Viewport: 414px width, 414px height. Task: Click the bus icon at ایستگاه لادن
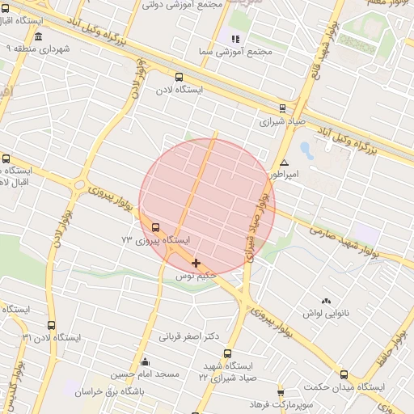click(x=179, y=78)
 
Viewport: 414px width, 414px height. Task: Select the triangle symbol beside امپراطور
click(x=284, y=163)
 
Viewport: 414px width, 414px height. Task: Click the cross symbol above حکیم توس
click(x=196, y=263)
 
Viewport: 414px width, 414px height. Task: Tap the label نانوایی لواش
click(x=325, y=312)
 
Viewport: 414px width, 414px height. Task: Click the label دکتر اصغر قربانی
click(x=189, y=336)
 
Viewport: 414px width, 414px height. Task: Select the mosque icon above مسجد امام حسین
click(x=145, y=361)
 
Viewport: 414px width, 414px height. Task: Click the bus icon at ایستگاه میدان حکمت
click(x=344, y=374)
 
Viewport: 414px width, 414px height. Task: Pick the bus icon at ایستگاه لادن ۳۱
click(x=51, y=325)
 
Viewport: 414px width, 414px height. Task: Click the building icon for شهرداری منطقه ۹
click(x=39, y=37)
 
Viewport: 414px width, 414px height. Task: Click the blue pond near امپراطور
click(x=306, y=150)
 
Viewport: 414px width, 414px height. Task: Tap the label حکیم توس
click(x=197, y=276)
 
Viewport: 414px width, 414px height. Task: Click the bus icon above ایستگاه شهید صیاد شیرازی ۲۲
click(x=226, y=353)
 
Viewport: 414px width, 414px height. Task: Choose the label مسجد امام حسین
click(x=145, y=374)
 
